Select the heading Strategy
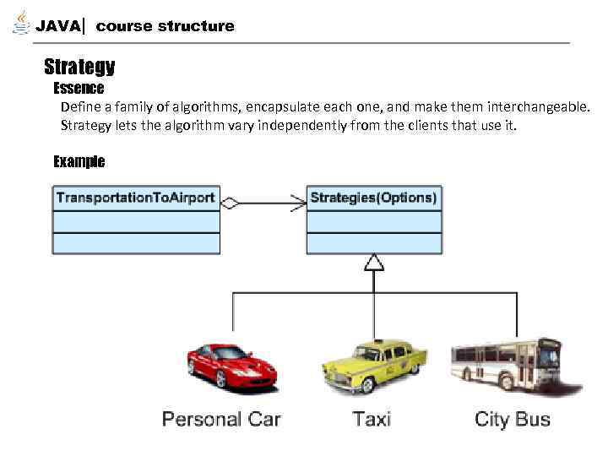79,67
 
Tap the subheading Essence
79,89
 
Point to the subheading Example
79,161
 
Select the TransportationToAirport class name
135,198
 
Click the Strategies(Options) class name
373,198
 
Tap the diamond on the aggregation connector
230,203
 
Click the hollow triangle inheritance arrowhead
373,263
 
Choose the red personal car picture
231,365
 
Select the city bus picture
506,363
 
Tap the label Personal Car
221,419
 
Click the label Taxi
372,419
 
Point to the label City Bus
513,419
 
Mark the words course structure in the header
166,26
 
